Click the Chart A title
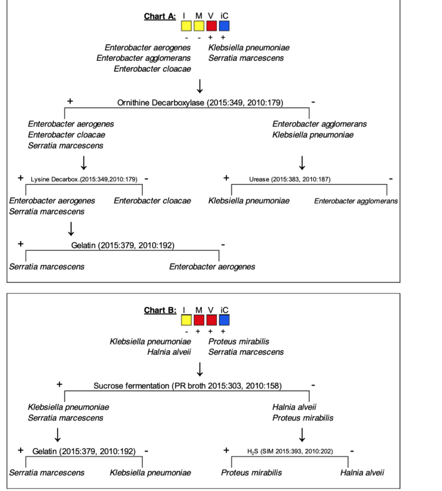click(160, 16)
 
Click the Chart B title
click(160, 310)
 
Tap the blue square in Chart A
click(224, 26)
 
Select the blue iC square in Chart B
click(224, 320)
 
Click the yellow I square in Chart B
click(186, 320)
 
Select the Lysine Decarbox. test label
click(84, 179)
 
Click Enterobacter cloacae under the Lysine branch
click(152, 201)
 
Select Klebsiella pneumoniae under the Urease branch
click(249, 201)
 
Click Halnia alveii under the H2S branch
click(362, 473)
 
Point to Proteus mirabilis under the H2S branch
click(252, 473)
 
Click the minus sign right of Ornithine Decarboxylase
click(313, 102)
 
